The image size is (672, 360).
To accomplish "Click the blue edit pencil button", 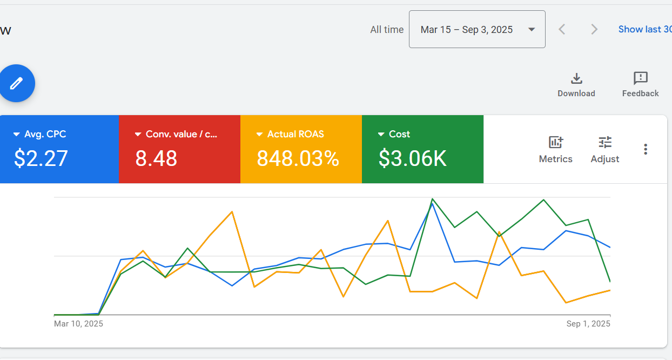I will pos(17,83).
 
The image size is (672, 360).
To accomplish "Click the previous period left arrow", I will pos(562,29).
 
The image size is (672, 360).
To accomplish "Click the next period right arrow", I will pos(594,29).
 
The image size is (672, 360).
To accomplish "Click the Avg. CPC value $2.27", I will pos(41,158).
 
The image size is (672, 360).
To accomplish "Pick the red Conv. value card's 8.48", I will pos(156,158).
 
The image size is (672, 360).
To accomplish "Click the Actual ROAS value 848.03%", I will pos(298,158).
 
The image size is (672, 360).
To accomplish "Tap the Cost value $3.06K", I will pos(412,158).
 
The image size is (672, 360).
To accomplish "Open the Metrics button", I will pos(555,149).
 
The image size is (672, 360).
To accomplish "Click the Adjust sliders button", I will pos(605,149).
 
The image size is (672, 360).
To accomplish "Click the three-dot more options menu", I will pos(646,149).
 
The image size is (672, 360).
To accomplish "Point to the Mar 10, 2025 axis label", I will pos(78,324).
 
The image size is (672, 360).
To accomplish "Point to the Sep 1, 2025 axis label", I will pos(588,324).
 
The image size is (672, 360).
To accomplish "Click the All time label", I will pos(387,30).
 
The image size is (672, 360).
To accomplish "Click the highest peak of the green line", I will pos(432,199).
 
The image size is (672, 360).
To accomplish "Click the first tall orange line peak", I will pos(232,211).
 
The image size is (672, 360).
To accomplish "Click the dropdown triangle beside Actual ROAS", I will pos(259,134).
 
